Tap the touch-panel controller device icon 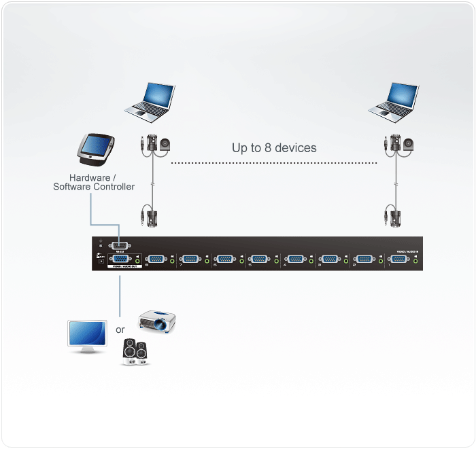pos(96,149)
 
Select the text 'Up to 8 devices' pos(274,147)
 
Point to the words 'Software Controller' pos(94,187)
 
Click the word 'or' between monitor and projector pos(120,329)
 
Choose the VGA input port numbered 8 pos(156,259)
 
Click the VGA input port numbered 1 pos(398,259)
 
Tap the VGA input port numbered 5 pos(259,259)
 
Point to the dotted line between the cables pos(273,163)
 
